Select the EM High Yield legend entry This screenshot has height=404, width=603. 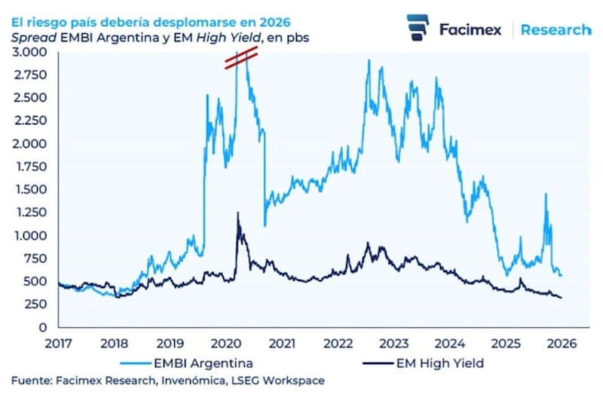tap(439, 363)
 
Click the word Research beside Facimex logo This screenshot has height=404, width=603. tap(556, 29)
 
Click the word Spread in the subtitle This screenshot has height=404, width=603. tap(29, 36)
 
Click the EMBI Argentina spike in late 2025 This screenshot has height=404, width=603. tap(544, 194)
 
